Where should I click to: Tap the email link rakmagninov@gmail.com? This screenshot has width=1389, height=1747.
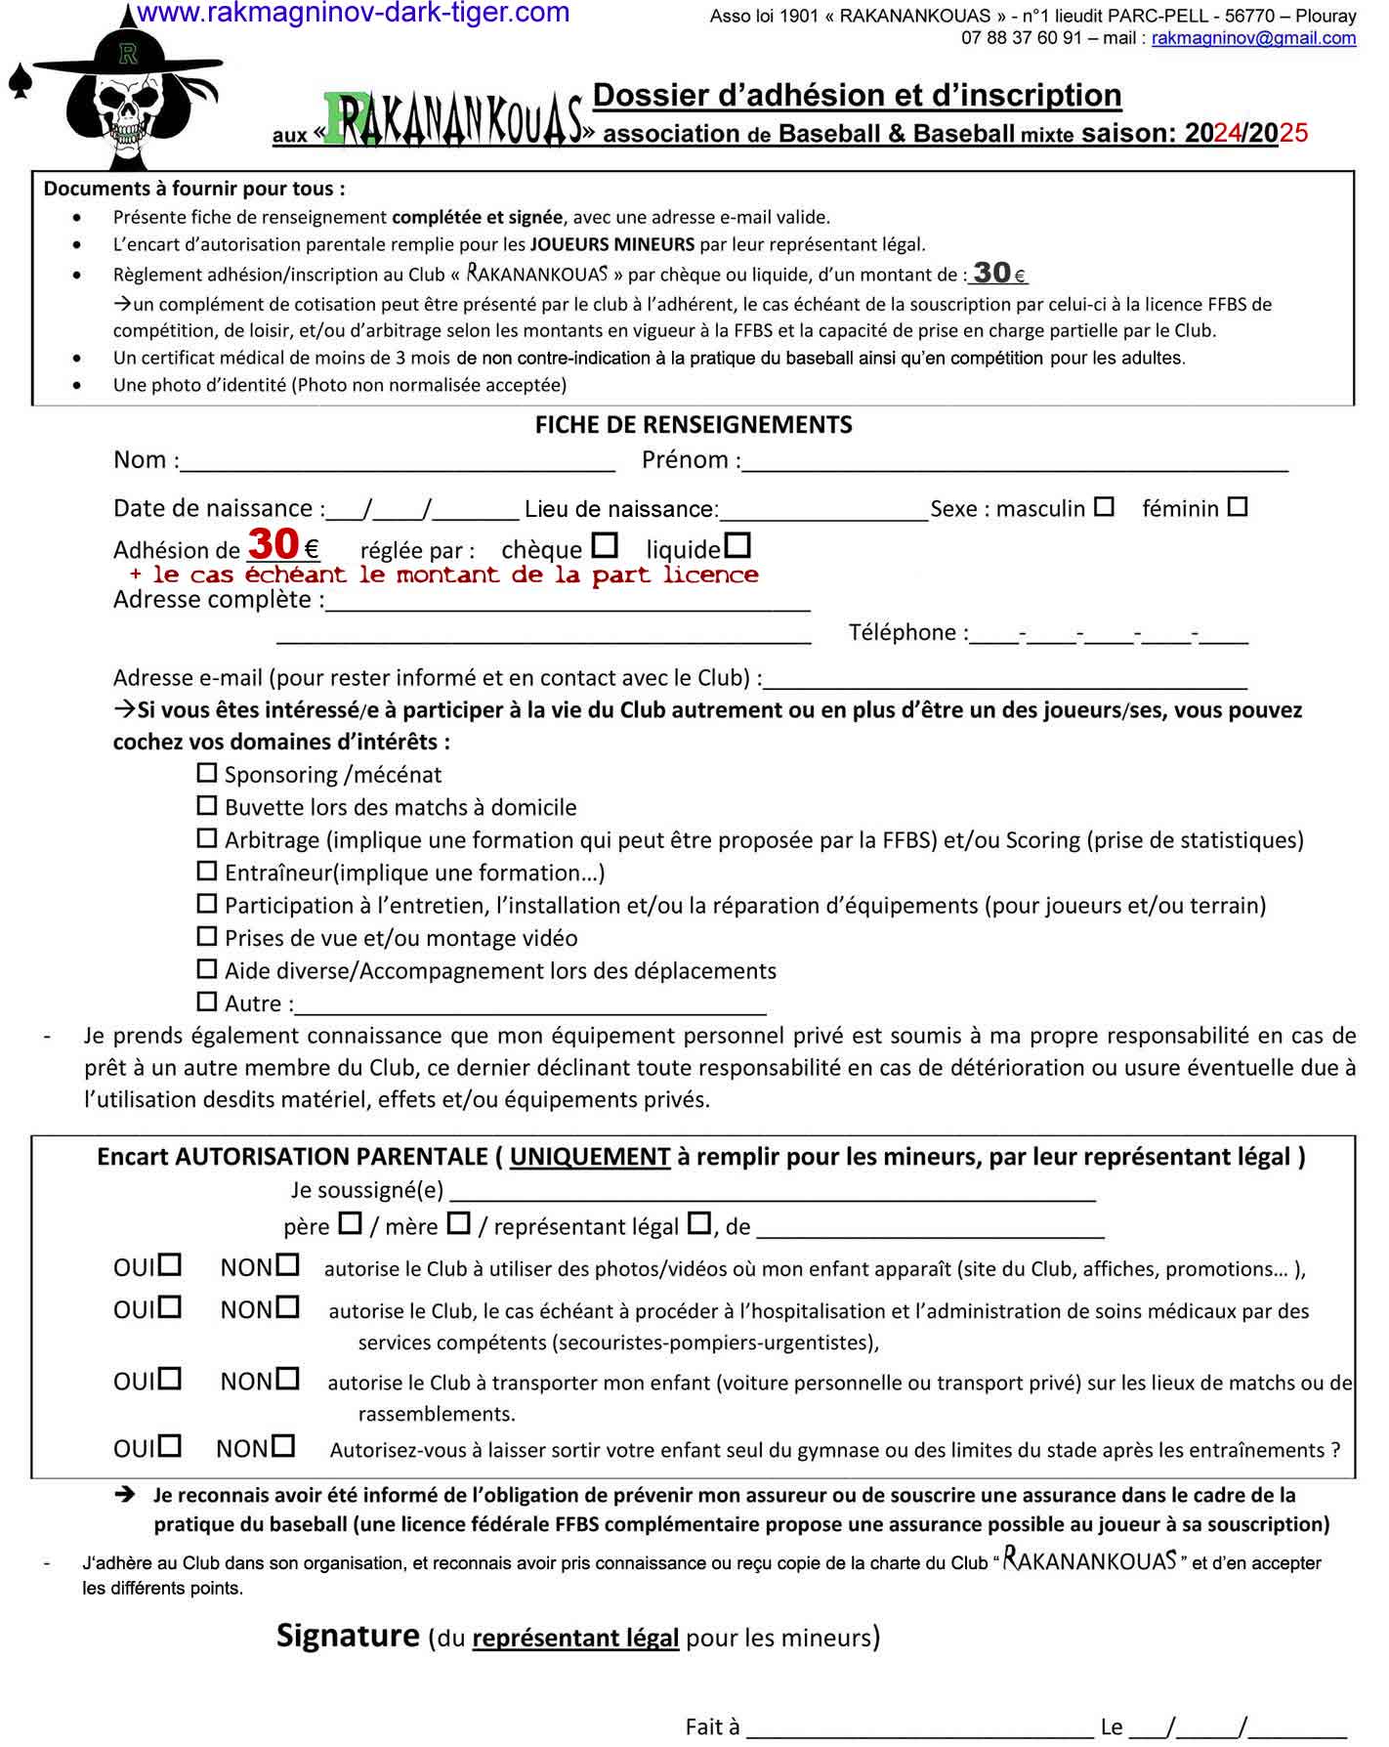coord(1253,38)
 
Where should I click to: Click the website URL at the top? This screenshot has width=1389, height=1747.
coord(353,13)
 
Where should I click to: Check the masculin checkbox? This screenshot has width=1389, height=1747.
coord(1104,507)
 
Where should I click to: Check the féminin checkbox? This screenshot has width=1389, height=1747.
coord(1238,507)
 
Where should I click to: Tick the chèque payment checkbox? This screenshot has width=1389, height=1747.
coord(606,544)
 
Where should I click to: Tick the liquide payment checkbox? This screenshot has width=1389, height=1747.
coord(739,544)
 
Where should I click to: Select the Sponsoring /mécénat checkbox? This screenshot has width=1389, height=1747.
coord(207,773)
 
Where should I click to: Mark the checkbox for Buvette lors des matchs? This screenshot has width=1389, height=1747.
coord(207,806)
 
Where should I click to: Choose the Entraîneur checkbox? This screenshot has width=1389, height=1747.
coord(207,871)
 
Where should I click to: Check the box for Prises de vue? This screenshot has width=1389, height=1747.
coord(207,936)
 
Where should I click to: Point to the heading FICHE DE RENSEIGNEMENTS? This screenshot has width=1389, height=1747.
coord(694,425)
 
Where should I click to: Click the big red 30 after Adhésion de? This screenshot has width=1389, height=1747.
coord(273,543)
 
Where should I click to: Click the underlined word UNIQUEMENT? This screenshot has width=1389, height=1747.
coord(589,1157)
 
